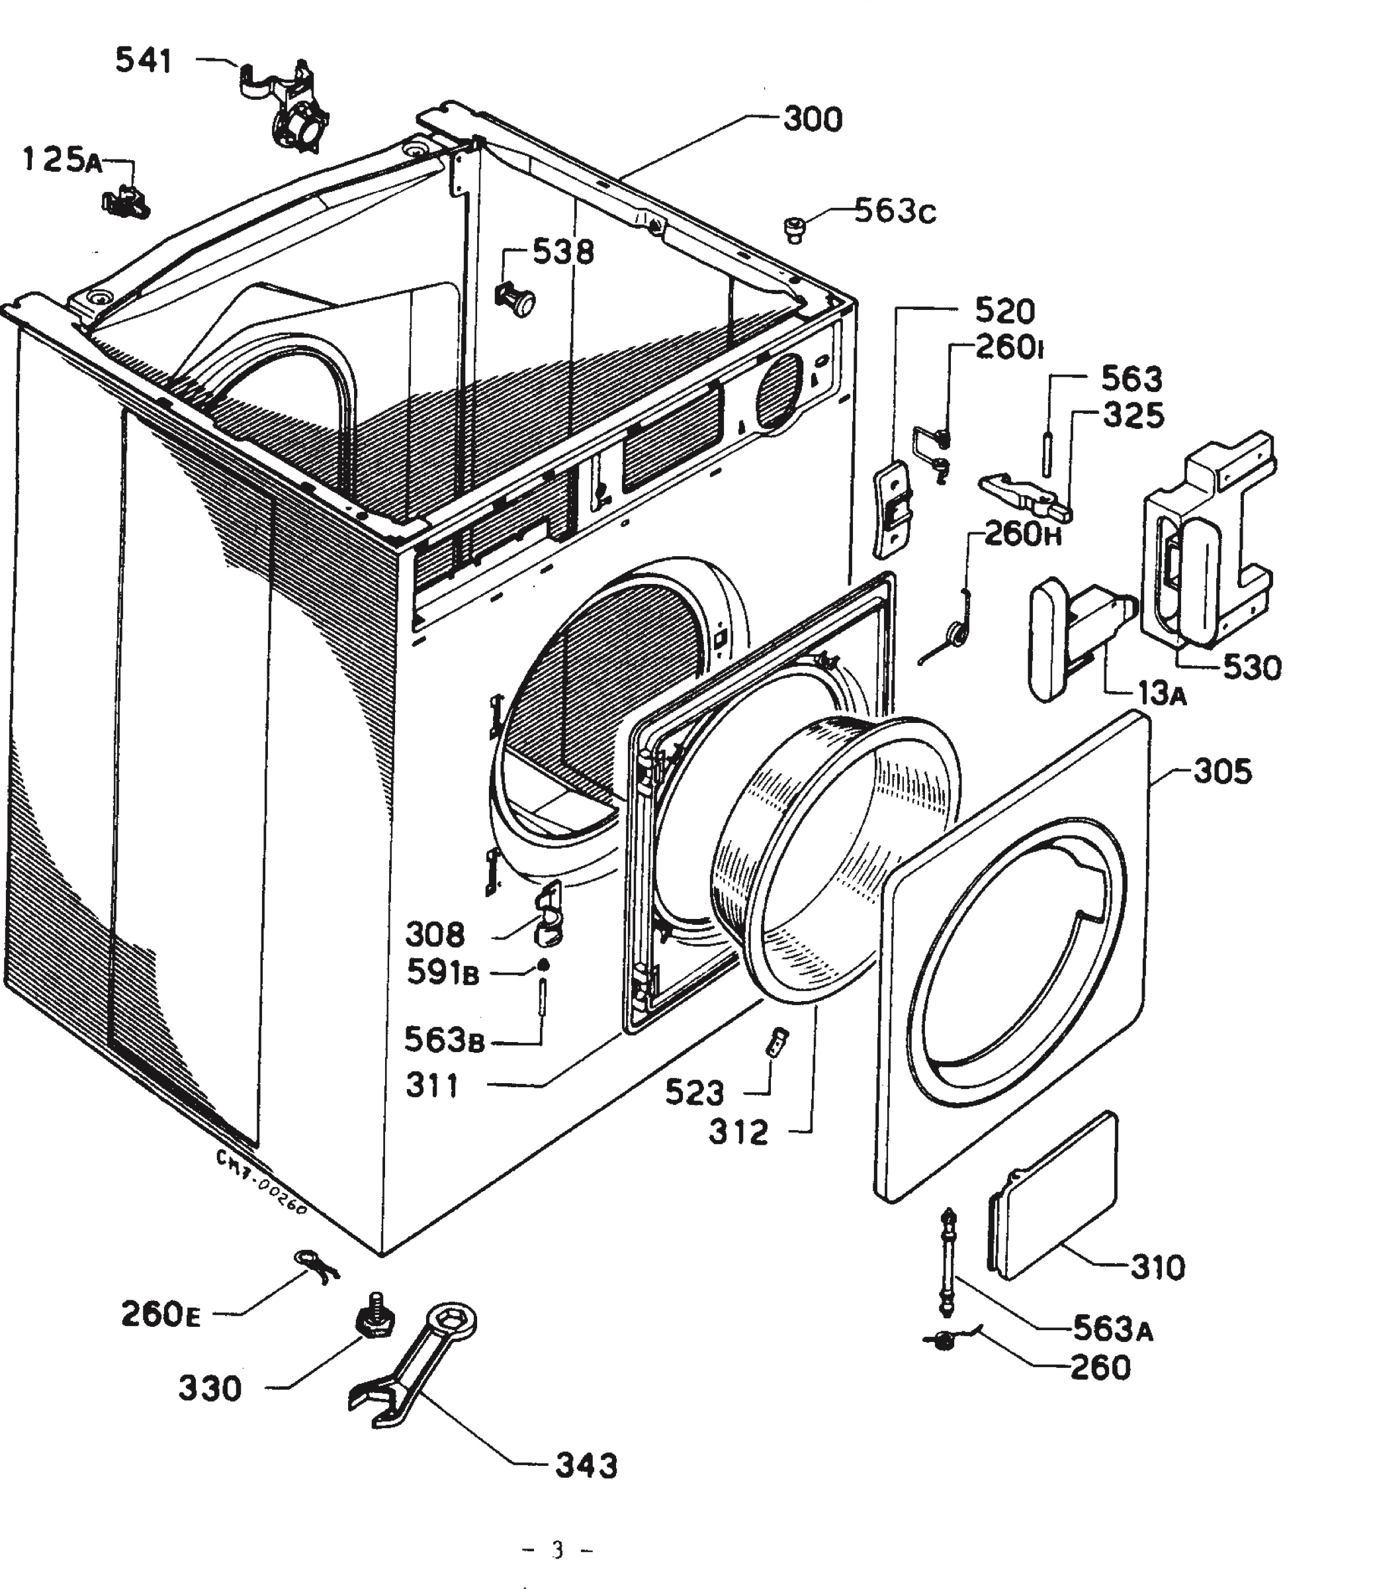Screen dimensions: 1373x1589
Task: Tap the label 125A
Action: (63, 160)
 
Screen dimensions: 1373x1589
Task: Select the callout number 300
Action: (813, 120)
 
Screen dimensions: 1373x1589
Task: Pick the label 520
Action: (1004, 311)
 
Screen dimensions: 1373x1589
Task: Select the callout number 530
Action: (1252, 667)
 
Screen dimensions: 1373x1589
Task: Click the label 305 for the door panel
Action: (1223, 771)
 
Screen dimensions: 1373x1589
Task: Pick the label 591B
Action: (442, 973)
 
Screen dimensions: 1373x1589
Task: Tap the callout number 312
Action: (738, 1132)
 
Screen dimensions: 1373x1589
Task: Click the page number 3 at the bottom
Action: (557, 1550)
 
